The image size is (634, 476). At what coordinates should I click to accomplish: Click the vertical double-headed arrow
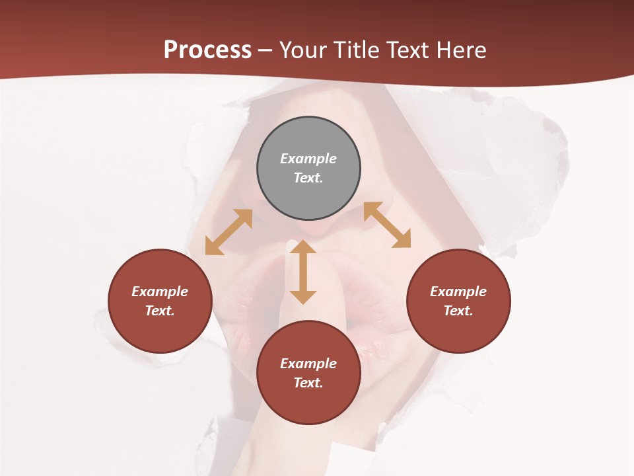(303, 272)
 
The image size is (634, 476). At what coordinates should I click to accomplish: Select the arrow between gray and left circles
(229, 232)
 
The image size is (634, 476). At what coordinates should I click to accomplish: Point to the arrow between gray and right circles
(387, 225)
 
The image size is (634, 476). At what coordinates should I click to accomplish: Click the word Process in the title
(207, 50)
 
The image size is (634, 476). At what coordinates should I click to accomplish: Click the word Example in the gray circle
(308, 159)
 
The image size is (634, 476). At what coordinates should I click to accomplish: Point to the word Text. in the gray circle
(308, 178)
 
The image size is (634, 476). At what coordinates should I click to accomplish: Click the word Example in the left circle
(160, 292)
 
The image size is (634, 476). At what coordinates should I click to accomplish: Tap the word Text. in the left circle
(160, 311)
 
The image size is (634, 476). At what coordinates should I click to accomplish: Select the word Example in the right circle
(458, 292)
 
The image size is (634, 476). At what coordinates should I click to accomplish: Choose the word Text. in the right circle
(458, 311)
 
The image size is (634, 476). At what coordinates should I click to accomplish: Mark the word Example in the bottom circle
(308, 364)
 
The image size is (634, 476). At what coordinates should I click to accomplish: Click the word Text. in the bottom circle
(308, 383)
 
